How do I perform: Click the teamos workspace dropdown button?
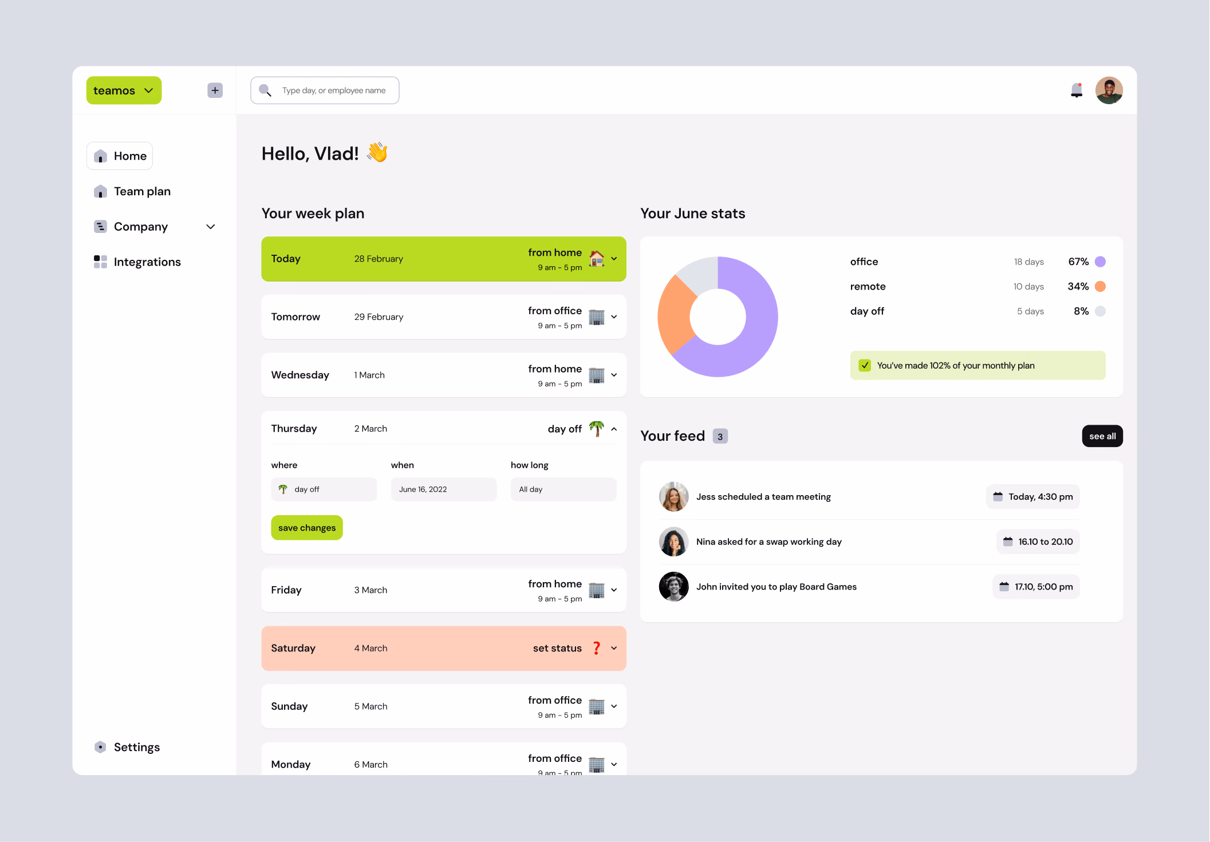(124, 90)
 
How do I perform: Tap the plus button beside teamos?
(215, 90)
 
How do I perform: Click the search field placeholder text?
(334, 90)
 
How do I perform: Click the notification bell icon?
(1077, 90)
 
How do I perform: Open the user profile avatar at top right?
(1109, 90)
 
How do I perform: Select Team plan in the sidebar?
(142, 191)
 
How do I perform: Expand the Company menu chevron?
(211, 227)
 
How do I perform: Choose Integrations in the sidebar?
(147, 262)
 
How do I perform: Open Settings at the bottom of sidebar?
(136, 747)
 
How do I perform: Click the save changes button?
(307, 528)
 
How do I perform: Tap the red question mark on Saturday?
(597, 648)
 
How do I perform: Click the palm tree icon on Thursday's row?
(597, 428)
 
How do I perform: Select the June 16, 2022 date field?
(444, 489)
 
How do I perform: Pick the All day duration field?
(563, 489)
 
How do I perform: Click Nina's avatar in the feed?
(674, 541)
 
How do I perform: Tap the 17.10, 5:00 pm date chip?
(1036, 587)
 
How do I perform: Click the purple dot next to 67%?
(1100, 262)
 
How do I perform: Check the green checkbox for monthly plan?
(865, 365)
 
